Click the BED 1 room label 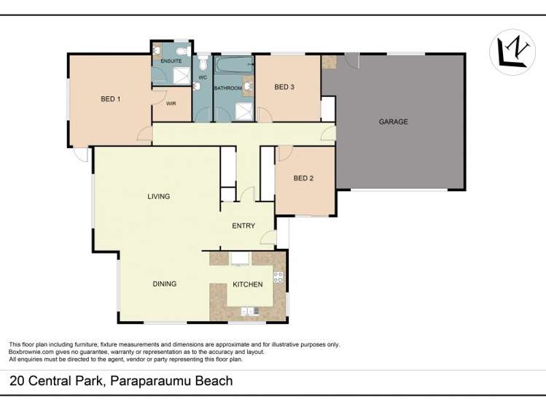coord(110,99)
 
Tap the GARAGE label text coord(393,122)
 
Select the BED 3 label coord(284,88)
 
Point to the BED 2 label coord(303,178)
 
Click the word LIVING coord(158,196)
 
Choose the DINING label coord(165,284)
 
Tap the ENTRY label coord(243,225)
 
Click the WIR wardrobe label coord(171,104)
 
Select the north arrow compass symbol coord(512,52)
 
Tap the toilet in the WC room coord(198,86)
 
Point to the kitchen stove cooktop coord(278,276)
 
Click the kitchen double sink coord(250,311)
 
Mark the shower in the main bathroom coord(244,112)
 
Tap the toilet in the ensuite coord(157,51)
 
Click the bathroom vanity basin coord(248,88)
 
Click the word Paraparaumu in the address coord(149,381)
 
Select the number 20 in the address coord(15,381)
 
